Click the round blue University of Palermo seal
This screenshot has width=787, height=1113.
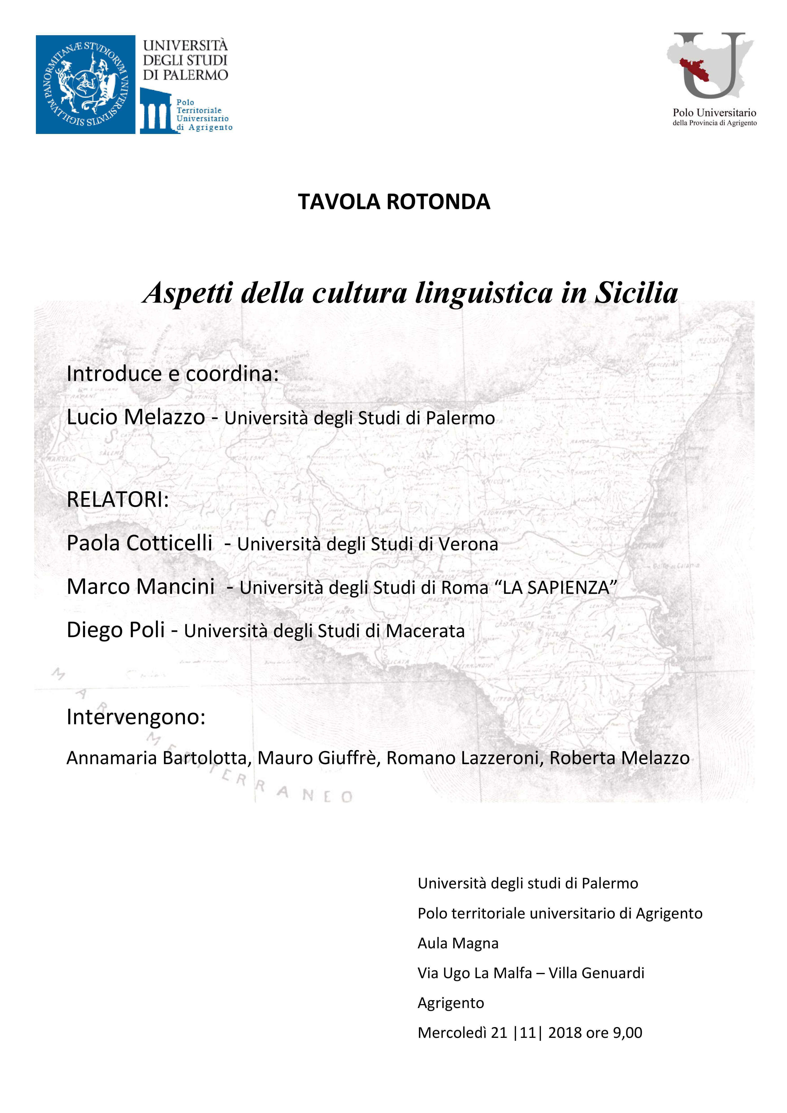click(85, 84)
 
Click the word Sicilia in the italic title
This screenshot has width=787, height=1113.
click(636, 293)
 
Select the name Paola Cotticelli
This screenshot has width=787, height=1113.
click(140, 543)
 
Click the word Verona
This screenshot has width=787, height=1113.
click(468, 544)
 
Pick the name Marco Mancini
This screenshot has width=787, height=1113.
click(140, 586)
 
